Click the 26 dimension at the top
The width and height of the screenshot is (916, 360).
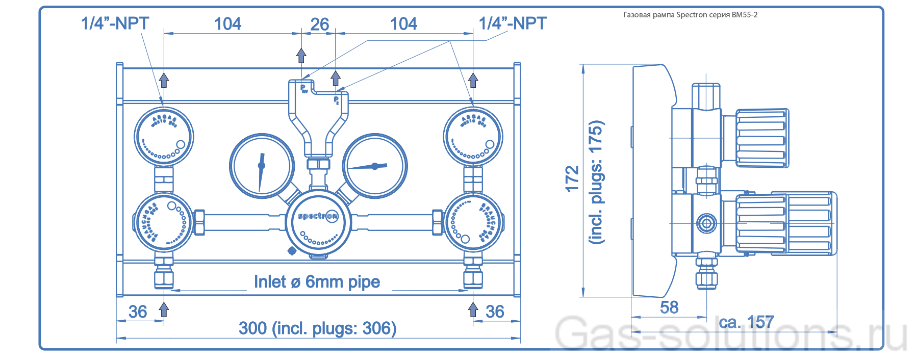319,24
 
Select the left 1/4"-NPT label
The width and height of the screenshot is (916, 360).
115,23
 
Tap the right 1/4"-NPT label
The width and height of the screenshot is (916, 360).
512,23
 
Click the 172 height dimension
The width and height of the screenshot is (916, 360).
572,178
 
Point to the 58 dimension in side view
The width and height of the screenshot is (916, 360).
669,307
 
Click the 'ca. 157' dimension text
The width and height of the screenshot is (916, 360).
746,322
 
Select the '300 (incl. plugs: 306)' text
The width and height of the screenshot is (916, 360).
317,328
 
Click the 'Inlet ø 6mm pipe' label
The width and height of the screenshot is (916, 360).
317,281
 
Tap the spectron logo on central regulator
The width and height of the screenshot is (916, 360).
318,216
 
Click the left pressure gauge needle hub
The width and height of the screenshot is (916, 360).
262,165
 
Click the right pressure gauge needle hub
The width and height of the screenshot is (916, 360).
375,166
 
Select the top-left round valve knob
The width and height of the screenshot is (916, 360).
164,137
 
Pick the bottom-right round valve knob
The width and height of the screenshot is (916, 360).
473,222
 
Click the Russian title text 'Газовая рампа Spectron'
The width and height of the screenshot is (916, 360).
690,15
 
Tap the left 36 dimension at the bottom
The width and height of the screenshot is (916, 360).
138,311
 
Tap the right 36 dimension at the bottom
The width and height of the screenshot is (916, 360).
495,311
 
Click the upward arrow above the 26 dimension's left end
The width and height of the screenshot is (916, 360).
301,55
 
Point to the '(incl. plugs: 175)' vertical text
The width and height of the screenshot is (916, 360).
596,182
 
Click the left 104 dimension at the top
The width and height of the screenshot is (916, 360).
227,24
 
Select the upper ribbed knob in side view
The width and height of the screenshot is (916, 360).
762,138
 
